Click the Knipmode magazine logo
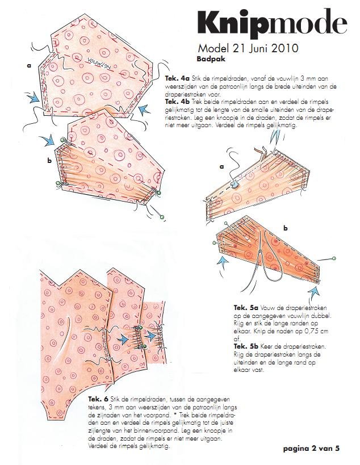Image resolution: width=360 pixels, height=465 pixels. (x=272, y=23)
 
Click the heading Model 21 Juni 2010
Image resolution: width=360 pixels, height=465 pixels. (x=248, y=48)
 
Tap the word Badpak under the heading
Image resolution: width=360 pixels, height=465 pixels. (x=211, y=58)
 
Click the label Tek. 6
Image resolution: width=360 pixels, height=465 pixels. (x=98, y=399)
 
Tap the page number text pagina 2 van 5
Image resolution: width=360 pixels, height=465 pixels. (x=311, y=448)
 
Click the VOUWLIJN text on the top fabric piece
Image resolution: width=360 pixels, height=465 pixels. (x=99, y=62)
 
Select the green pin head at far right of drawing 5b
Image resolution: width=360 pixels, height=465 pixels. (x=334, y=258)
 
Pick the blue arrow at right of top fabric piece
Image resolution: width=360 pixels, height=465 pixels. (x=145, y=110)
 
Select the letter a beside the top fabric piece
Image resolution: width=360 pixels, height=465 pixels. (x=29, y=65)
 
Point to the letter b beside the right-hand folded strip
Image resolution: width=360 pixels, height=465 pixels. (x=286, y=228)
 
